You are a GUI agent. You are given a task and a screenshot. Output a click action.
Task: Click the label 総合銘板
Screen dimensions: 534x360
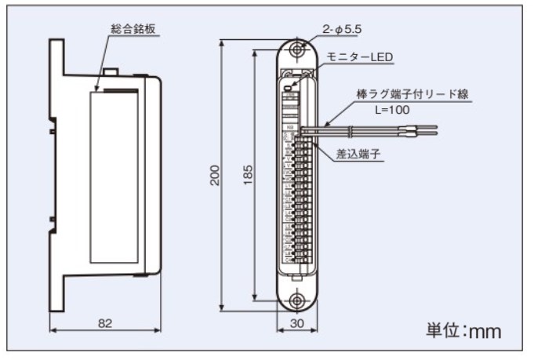click(x=133, y=29)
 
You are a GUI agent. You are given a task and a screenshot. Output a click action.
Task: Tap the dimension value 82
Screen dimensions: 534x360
click(x=105, y=323)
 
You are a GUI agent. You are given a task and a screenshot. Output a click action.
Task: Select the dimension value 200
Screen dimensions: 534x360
click(x=215, y=175)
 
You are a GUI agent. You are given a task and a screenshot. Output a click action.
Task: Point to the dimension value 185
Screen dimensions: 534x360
click(x=249, y=175)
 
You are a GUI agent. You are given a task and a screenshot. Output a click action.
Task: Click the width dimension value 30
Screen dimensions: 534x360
click(x=297, y=323)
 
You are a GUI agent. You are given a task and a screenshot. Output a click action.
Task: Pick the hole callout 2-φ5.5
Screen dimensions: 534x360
click(x=342, y=29)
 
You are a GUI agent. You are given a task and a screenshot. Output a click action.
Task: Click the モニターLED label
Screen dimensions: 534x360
click(x=360, y=57)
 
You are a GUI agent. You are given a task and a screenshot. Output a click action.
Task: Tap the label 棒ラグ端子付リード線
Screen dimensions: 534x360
click(x=412, y=94)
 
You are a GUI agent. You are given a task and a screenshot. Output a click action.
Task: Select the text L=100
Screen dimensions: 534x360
click(x=392, y=110)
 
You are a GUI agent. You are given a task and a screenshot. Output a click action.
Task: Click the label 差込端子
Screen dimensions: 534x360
click(x=358, y=154)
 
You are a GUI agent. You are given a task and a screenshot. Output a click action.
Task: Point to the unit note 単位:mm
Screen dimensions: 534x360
click(x=463, y=330)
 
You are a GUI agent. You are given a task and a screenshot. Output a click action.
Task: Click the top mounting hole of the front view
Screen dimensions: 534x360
click(x=297, y=50)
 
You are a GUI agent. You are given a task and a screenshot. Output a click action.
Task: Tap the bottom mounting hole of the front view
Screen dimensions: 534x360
click(x=297, y=300)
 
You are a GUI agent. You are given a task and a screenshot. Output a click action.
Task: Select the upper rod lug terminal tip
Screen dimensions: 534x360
click(x=418, y=127)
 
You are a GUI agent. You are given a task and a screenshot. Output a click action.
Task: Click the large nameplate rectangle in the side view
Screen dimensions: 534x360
click(x=114, y=177)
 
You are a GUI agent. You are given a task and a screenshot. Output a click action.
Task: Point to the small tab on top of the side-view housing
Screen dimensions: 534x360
click(x=111, y=71)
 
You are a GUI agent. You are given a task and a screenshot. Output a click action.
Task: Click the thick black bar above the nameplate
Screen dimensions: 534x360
click(x=121, y=91)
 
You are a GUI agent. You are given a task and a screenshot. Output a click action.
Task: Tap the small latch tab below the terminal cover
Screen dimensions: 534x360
click(x=297, y=278)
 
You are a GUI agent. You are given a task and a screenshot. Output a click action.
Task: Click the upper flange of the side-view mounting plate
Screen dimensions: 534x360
click(x=57, y=57)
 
